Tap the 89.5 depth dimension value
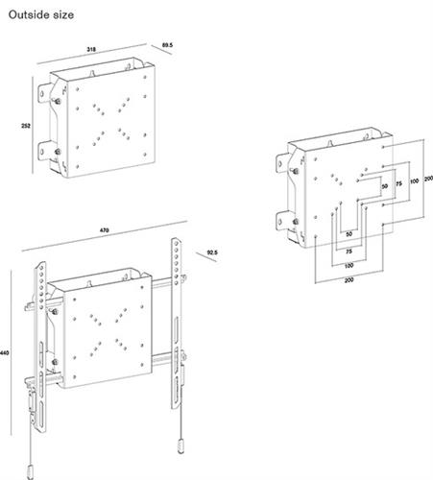click(x=167, y=45)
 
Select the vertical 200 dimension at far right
click(x=427, y=180)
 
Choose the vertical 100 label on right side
click(x=414, y=180)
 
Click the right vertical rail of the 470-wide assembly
click(x=179, y=317)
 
